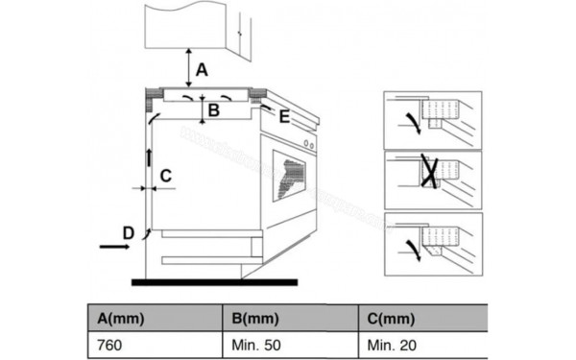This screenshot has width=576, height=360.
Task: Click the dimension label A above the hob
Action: pos(202,69)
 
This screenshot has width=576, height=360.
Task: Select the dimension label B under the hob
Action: pos(214,111)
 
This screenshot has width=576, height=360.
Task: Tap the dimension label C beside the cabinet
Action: pos(165,176)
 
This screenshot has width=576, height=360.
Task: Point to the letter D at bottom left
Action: pos(129,231)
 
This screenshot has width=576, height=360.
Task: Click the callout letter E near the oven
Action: pos(284,116)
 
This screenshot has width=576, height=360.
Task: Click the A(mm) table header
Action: pos(116,318)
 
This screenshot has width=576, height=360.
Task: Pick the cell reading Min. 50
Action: pos(254,343)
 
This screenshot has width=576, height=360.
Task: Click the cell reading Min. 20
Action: pos(390,343)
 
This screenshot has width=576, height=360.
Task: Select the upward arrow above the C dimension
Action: pos(149,157)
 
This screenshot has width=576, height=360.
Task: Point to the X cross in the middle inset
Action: pos(430,174)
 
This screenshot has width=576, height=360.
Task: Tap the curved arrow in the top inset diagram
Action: pos(413,120)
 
